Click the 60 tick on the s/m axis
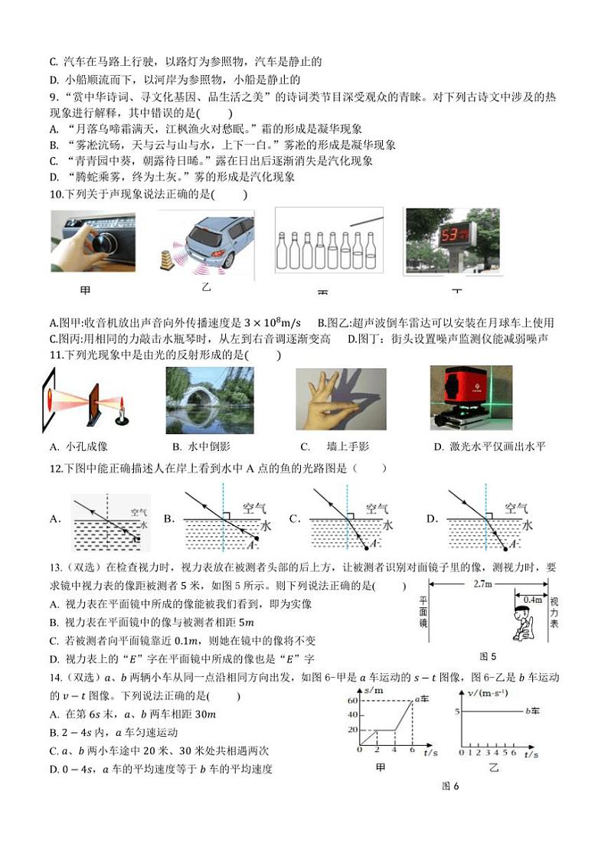(x=352, y=701)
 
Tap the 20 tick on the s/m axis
(x=352, y=729)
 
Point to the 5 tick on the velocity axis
(x=456, y=711)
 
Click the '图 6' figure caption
(x=450, y=786)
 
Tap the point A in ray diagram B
(x=250, y=544)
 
